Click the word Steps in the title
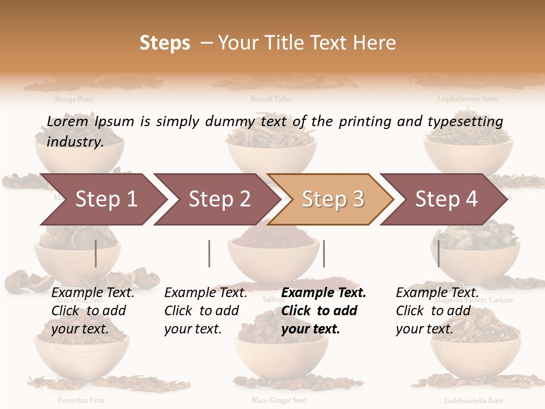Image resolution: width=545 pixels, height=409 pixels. [165, 43]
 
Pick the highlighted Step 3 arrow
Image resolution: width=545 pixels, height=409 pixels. [332, 199]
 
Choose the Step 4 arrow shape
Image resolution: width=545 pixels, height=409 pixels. [446, 199]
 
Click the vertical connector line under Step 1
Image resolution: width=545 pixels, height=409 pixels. [95, 253]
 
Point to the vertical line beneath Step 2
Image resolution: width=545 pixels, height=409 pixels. [209, 253]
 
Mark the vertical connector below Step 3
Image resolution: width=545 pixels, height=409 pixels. [324, 253]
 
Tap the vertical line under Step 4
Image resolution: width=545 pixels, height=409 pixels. [438, 253]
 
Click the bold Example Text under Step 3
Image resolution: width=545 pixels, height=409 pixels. [324, 293]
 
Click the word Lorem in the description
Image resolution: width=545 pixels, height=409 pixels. [68, 122]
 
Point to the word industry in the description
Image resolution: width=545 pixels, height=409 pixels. [75, 142]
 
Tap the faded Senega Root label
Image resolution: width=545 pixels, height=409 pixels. [74, 99]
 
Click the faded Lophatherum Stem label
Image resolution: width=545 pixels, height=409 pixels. [467, 99]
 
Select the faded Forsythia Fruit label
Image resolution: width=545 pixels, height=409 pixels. [81, 400]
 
